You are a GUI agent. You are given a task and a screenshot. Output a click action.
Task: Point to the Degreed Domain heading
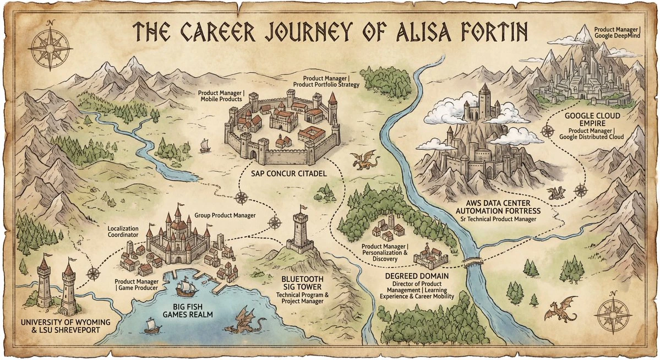(416, 275)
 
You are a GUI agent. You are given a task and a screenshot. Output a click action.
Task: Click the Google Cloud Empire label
(593, 119)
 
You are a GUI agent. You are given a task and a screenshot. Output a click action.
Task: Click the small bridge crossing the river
(471, 260)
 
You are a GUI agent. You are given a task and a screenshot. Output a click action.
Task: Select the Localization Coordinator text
(124, 231)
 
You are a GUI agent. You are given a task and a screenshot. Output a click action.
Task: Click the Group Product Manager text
(225, 215)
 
